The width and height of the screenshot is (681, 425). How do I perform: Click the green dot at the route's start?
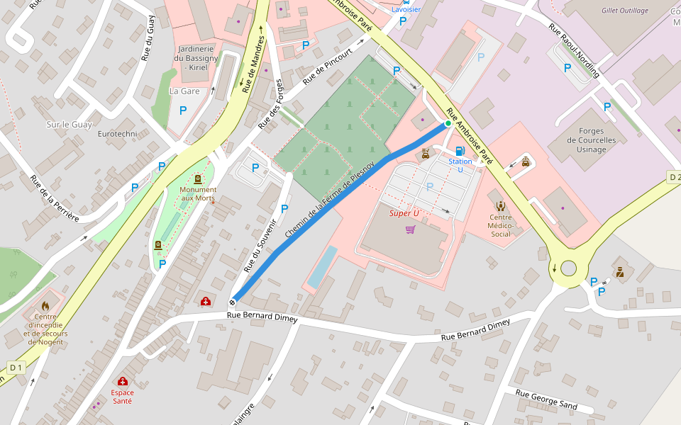click(448, 123)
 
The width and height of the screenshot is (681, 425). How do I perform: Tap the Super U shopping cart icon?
click(410, 229)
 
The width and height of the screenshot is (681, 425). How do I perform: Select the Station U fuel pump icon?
click(460, 151)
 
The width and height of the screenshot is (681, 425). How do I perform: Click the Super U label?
click(404, 213)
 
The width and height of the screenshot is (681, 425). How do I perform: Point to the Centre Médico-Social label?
click(501, 225)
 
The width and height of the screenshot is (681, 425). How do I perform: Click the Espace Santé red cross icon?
click(122, 381)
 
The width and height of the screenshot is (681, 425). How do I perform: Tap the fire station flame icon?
click(45, 306)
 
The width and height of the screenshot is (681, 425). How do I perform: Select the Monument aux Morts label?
click(198, 193)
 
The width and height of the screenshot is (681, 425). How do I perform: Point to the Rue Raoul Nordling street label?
click(574, 50)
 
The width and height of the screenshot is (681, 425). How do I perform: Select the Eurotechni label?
click(117, 134)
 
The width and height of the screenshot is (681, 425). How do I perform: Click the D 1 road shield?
click(16, 367)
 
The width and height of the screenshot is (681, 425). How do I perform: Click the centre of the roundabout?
click(568, 268)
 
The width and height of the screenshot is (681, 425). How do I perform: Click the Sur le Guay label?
click(69, 125)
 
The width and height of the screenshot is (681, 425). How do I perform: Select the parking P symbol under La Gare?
click(183, 110)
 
